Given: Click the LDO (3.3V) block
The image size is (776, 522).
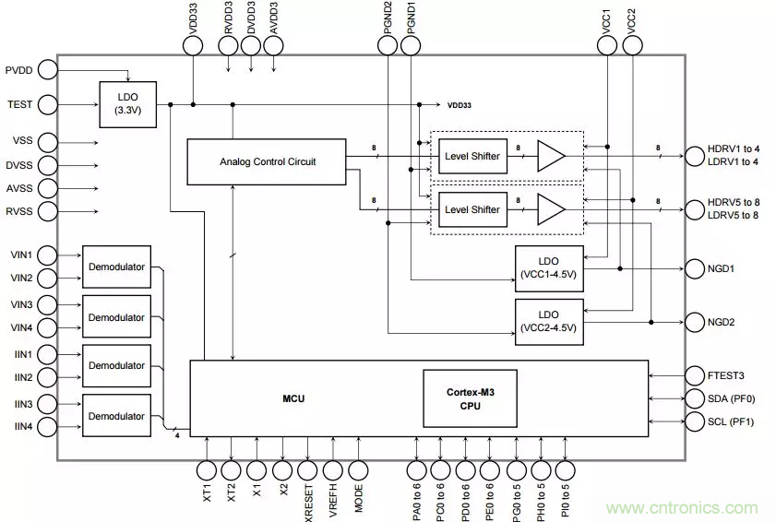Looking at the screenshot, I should (x=127, y=104).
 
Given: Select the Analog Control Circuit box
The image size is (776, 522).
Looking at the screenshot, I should (x=268, y=161).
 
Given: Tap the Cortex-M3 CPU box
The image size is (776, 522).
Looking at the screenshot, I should (x=470, y=398).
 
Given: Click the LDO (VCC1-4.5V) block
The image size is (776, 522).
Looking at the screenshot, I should (x=549, y=268).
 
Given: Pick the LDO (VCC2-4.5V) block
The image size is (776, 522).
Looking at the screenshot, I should (x=549, y=322).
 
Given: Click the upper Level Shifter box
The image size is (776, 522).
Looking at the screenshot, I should (x=472, y=156).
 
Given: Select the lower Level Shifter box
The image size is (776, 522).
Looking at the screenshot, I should (x=472, y=210).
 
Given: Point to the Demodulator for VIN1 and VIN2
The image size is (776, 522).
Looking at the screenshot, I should (x=115, y=267).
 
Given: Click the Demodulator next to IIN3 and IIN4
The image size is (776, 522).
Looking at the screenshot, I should (x=115, y=416).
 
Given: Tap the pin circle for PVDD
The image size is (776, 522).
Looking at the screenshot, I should (x=47, y=69).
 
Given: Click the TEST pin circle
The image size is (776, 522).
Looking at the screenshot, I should (x=47, y=104).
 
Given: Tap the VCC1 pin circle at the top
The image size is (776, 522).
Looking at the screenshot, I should (x=607, y=43).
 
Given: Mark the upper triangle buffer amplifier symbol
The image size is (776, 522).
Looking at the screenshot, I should (x=551, y=156).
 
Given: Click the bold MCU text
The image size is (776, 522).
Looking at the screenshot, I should (x=293, y=399).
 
